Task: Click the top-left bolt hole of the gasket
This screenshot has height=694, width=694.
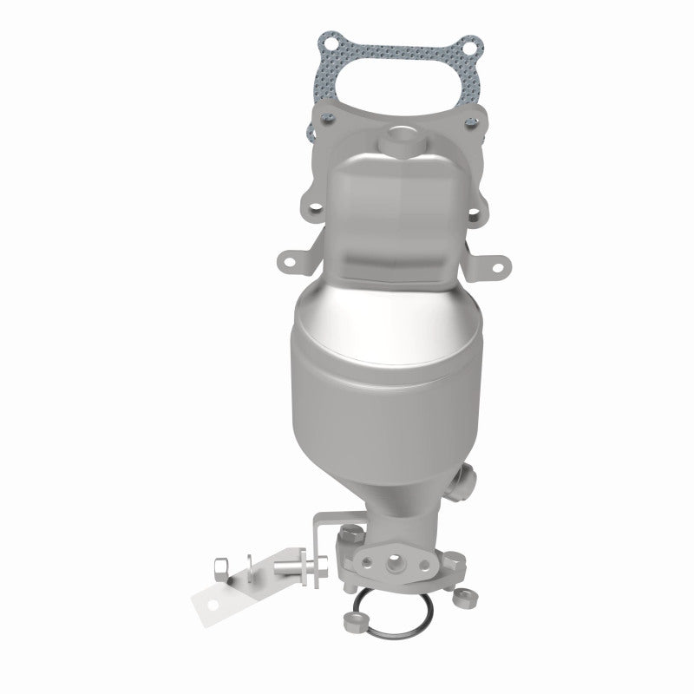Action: (x=328, y=41)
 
